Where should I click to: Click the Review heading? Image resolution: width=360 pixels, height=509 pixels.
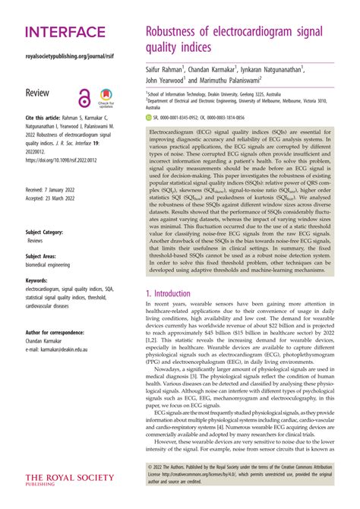click(39, 92)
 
